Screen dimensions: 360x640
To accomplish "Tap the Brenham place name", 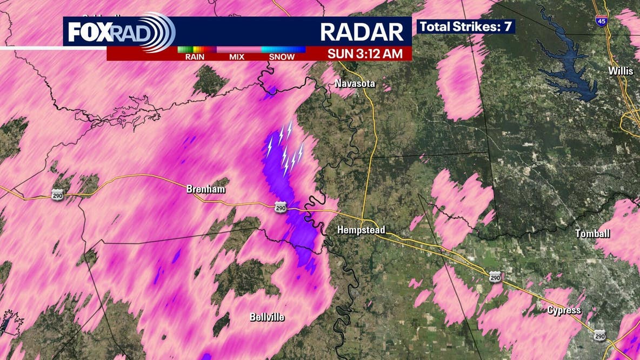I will click(x=205, y=189).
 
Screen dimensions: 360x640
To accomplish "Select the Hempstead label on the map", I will click(x=361, y=230).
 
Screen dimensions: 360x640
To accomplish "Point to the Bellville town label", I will click(x=267, y=317).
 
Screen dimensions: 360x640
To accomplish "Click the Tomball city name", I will click(x=592, y=234).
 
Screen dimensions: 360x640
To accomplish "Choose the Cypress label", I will click(x=564, y=310).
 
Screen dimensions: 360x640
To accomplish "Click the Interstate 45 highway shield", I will click(x=600, y=21).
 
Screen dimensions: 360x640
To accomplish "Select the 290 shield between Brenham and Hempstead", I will click(x=280, y=208).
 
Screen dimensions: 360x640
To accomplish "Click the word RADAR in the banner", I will click(x=362, y=32).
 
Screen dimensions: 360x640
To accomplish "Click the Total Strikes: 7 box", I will click(x=466, y=26).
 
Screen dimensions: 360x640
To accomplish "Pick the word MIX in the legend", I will click(x=237, y=57).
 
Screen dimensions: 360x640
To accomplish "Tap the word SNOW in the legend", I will click(x=282, y=57).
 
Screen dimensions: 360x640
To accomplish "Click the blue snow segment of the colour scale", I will click(x=283, y=49).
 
